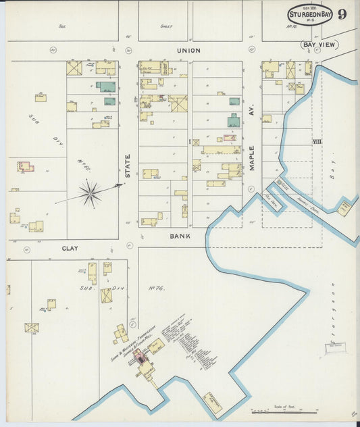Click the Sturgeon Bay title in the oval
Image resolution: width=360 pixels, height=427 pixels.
[310, 13]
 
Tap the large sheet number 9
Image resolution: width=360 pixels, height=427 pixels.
[343, 14]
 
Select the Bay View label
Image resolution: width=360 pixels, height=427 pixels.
[319, 45]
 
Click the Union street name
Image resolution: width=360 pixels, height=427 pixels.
[188, 50]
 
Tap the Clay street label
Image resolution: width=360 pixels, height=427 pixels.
[70, 249]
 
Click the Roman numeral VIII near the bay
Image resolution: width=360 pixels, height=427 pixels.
[317, 141]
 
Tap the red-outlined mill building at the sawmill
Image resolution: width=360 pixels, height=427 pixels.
[142, 358]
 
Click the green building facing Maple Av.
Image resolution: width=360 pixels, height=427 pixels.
[234, 122]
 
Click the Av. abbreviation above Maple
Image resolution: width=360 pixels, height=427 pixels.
[251, 114]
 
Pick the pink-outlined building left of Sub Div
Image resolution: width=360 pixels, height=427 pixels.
[24, 166]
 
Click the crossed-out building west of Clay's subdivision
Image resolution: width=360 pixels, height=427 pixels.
[32, 328]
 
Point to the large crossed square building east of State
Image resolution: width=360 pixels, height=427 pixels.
[178, 103]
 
